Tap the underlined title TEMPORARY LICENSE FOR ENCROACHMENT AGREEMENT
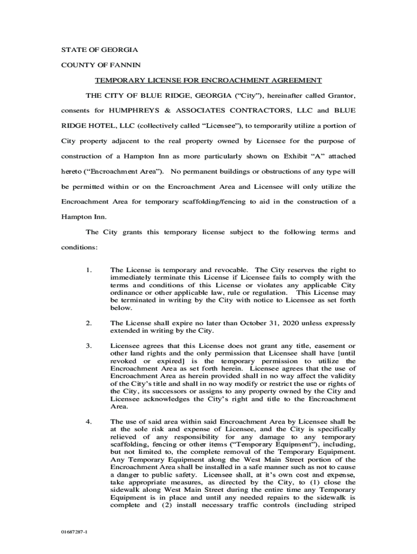208,81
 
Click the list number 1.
88,269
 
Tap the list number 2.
88,324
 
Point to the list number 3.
88,346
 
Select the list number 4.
88,421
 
